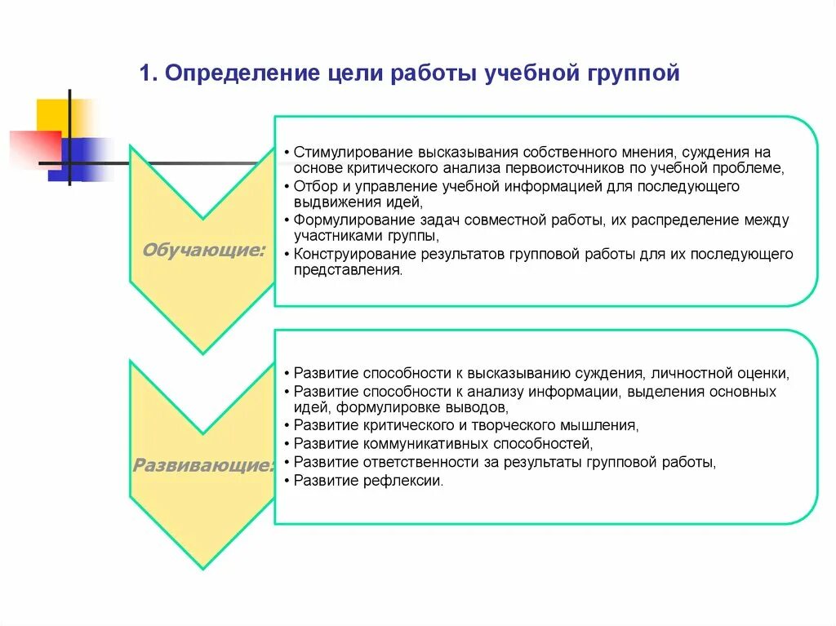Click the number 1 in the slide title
[x=145, y=74]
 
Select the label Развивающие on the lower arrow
[x=202, y=466]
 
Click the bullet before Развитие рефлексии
[x=287, y=481]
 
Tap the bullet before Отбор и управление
[x=287, y=187]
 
